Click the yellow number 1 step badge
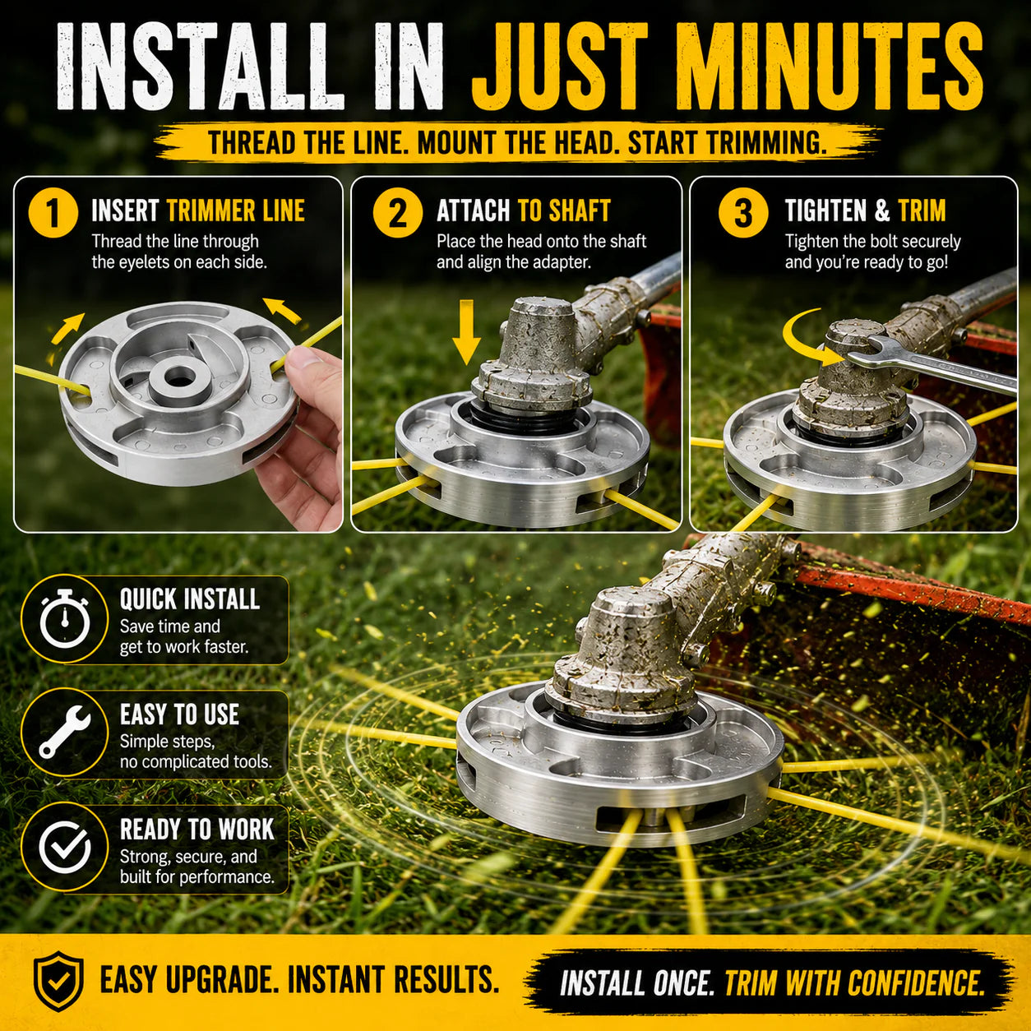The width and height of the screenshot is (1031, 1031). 53,212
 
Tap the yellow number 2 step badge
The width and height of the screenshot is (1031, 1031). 398,212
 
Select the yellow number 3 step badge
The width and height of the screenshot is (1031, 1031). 743,212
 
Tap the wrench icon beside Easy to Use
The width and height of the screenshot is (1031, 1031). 65,732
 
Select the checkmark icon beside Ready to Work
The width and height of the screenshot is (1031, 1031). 65,848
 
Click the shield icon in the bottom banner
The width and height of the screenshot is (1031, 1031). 58,981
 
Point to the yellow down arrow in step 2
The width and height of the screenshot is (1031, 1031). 466,332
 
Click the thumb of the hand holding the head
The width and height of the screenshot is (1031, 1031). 305,359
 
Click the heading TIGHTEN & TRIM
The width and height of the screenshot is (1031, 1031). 865,210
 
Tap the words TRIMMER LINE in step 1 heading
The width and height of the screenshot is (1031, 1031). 235,210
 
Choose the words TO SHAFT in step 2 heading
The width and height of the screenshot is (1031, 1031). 564,210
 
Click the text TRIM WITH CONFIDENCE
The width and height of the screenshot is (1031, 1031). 854,983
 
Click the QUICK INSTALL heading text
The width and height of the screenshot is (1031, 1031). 190,599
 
